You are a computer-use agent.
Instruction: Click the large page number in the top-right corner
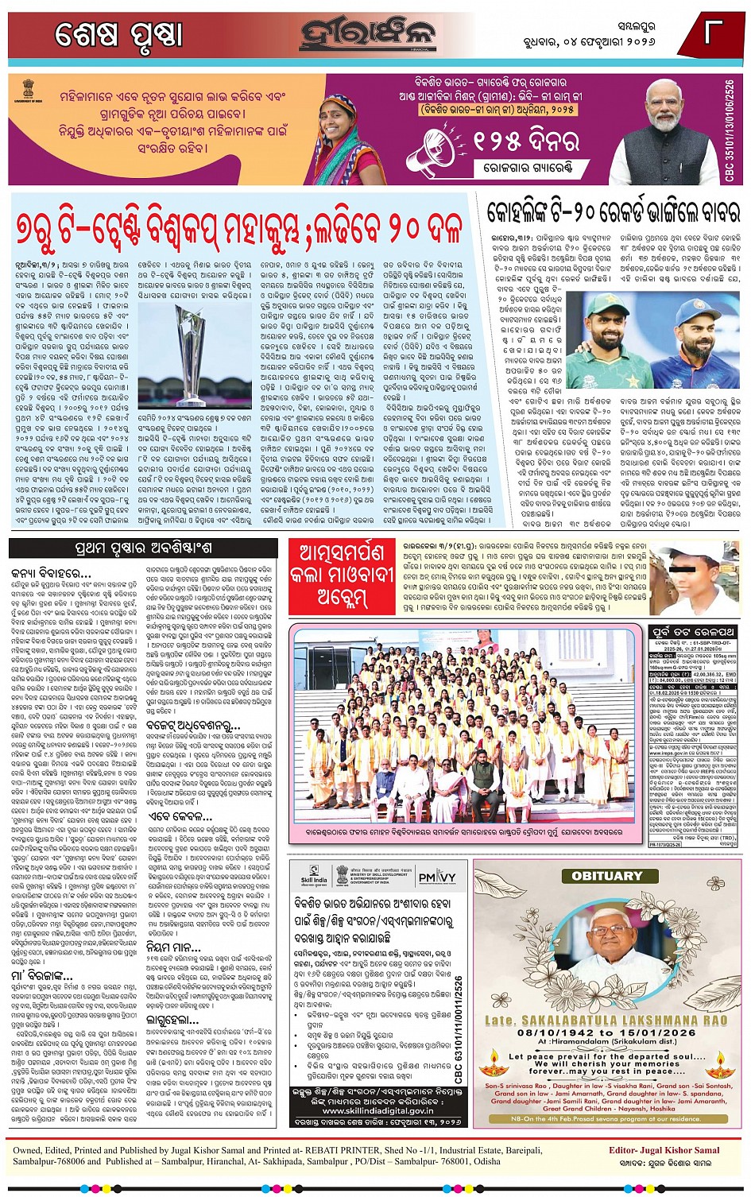(x=712, y=34)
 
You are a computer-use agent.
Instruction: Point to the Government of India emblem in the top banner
(x=26, y=88)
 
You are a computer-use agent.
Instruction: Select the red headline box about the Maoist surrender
(x=340, y=574)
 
